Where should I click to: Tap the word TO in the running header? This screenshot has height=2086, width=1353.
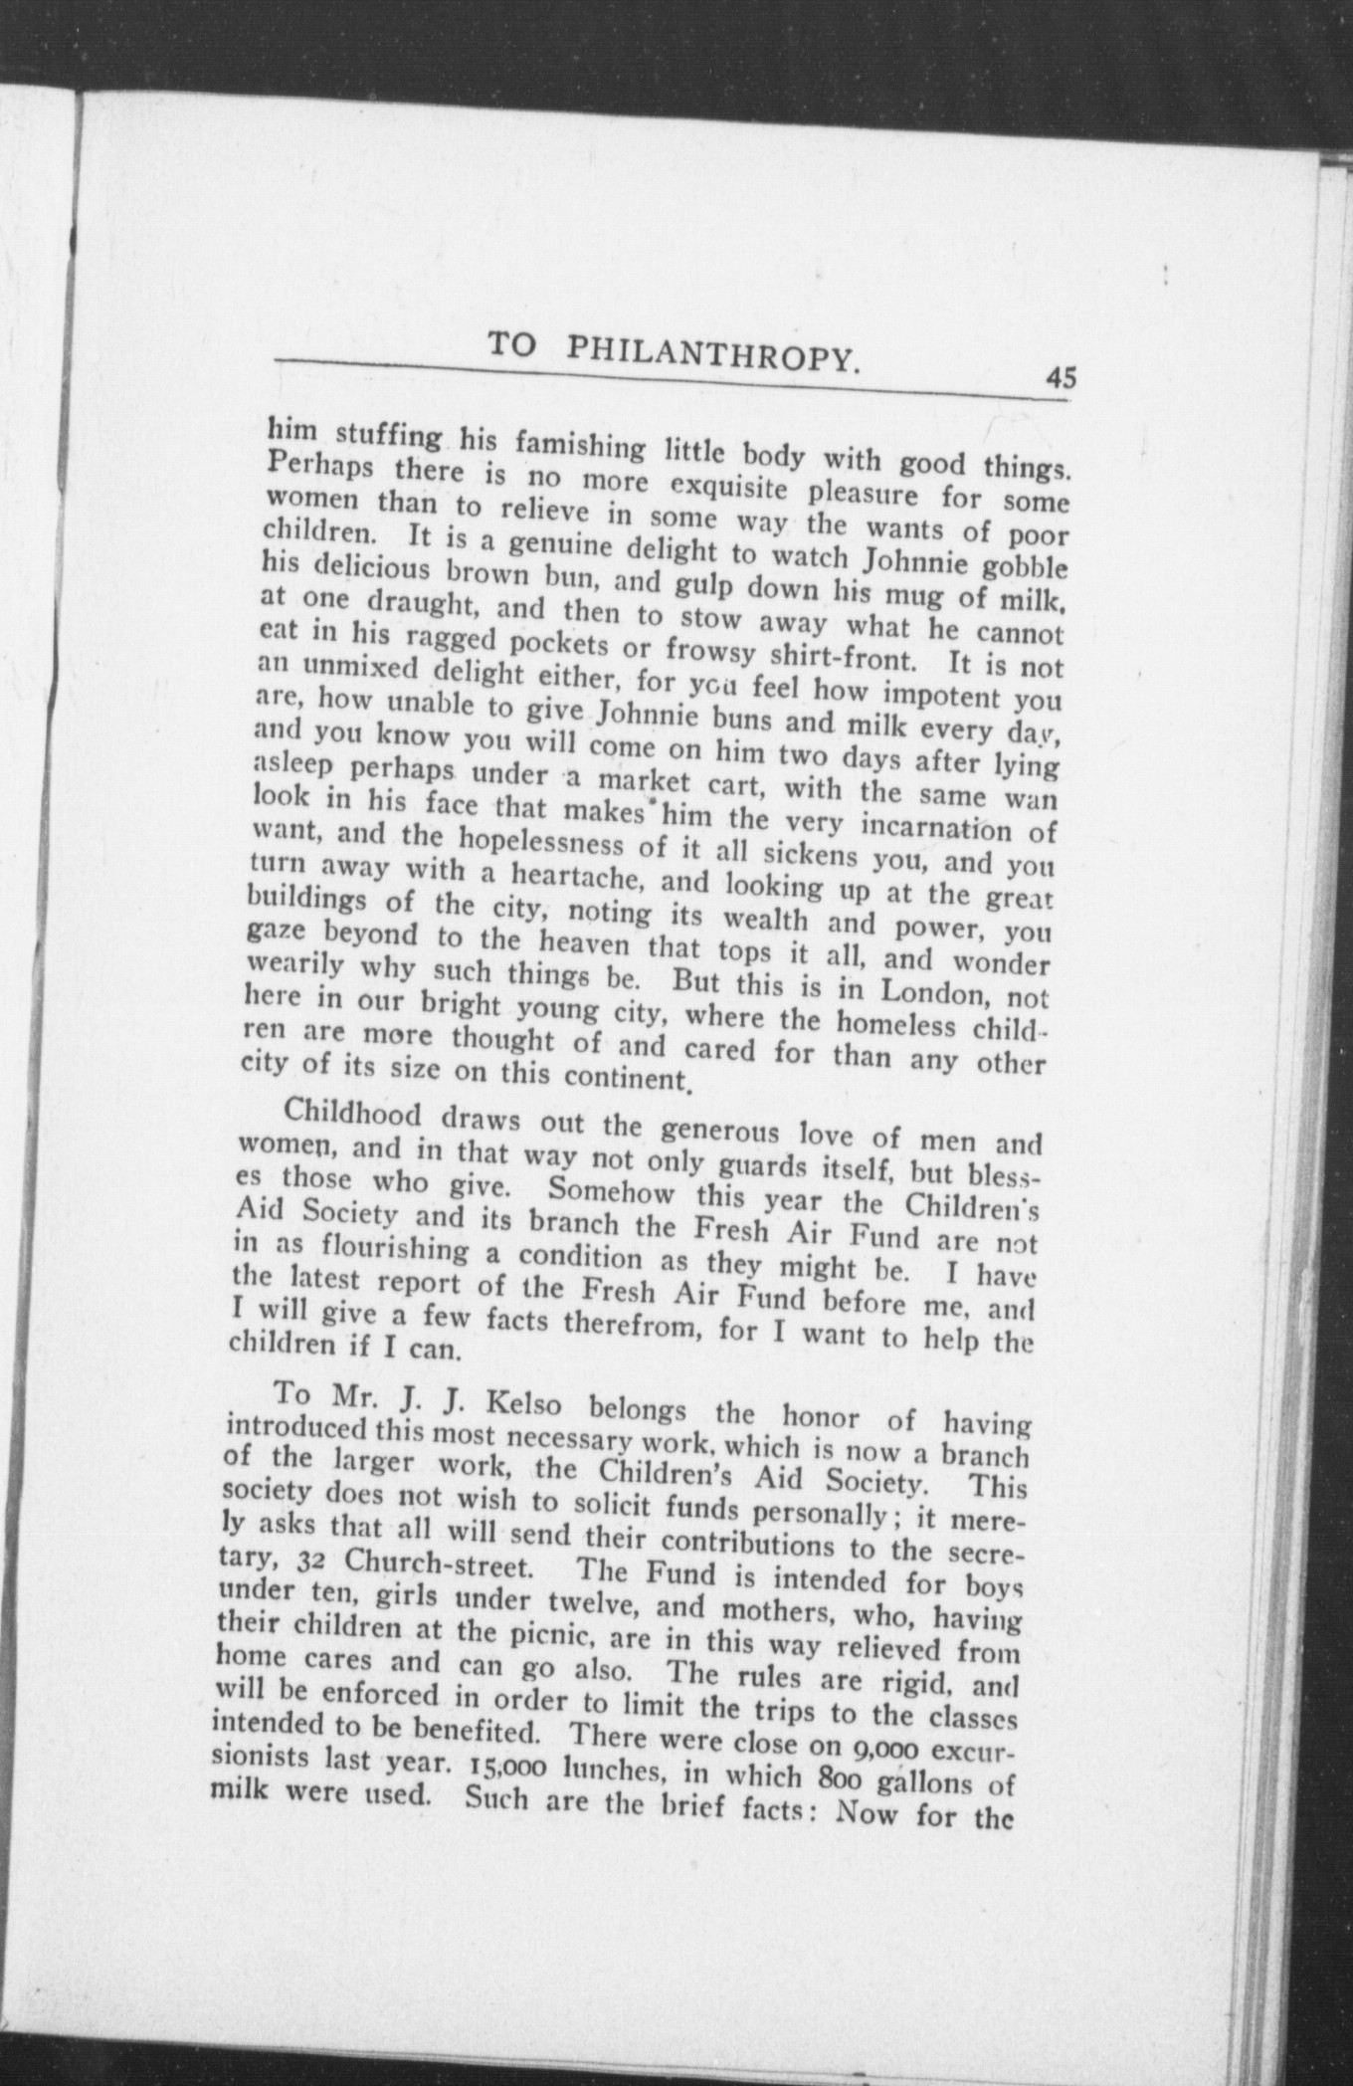coord(512,345)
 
